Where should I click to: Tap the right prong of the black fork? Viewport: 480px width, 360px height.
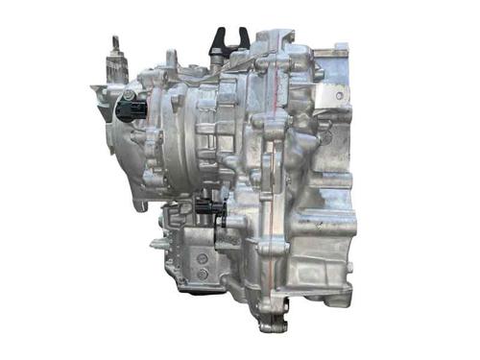point(243,36)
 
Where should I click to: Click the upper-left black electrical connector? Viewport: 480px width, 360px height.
point(131,109)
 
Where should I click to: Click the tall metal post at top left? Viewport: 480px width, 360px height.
point(117,63)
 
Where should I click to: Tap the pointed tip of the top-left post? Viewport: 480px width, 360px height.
point(116,39)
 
